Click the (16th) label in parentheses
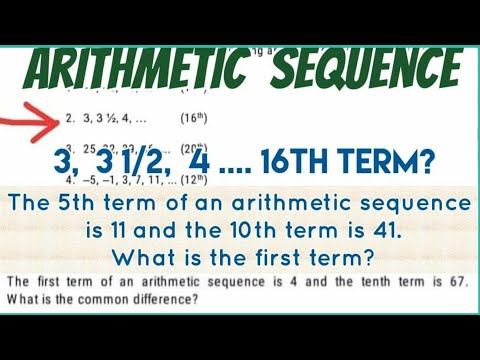194,118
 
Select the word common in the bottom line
109,298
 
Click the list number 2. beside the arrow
68,118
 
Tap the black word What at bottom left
22,298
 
